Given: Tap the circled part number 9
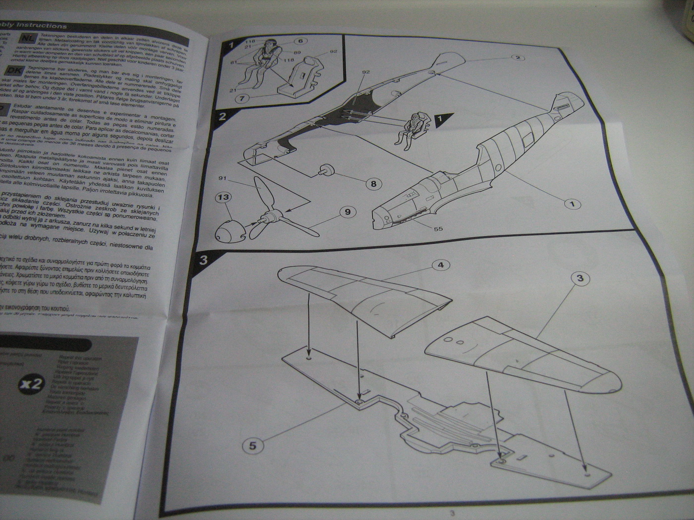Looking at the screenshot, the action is click(347, 212).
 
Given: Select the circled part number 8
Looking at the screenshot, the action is click(373, 184).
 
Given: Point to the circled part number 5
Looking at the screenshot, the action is click(252, 446).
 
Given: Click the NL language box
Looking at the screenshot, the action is click(25, 38).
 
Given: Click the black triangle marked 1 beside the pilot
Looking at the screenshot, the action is click(444, 119).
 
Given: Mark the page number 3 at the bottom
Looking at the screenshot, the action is click(451, 513).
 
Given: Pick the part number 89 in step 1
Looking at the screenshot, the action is click(297, 52).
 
